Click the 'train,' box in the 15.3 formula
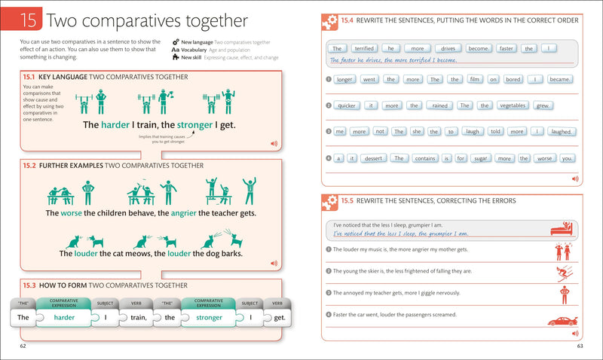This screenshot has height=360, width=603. point(136,318)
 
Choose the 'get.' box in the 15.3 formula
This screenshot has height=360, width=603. point(278,318)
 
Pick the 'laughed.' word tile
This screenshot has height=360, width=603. point(562,132)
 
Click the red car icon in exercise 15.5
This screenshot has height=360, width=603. point(562,321)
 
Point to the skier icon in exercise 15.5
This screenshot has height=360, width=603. point(562,273)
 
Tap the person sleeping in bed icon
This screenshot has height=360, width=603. point(562,228)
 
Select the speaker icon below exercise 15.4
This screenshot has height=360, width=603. point(575,178)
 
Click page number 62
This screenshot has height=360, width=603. point(24,346)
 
